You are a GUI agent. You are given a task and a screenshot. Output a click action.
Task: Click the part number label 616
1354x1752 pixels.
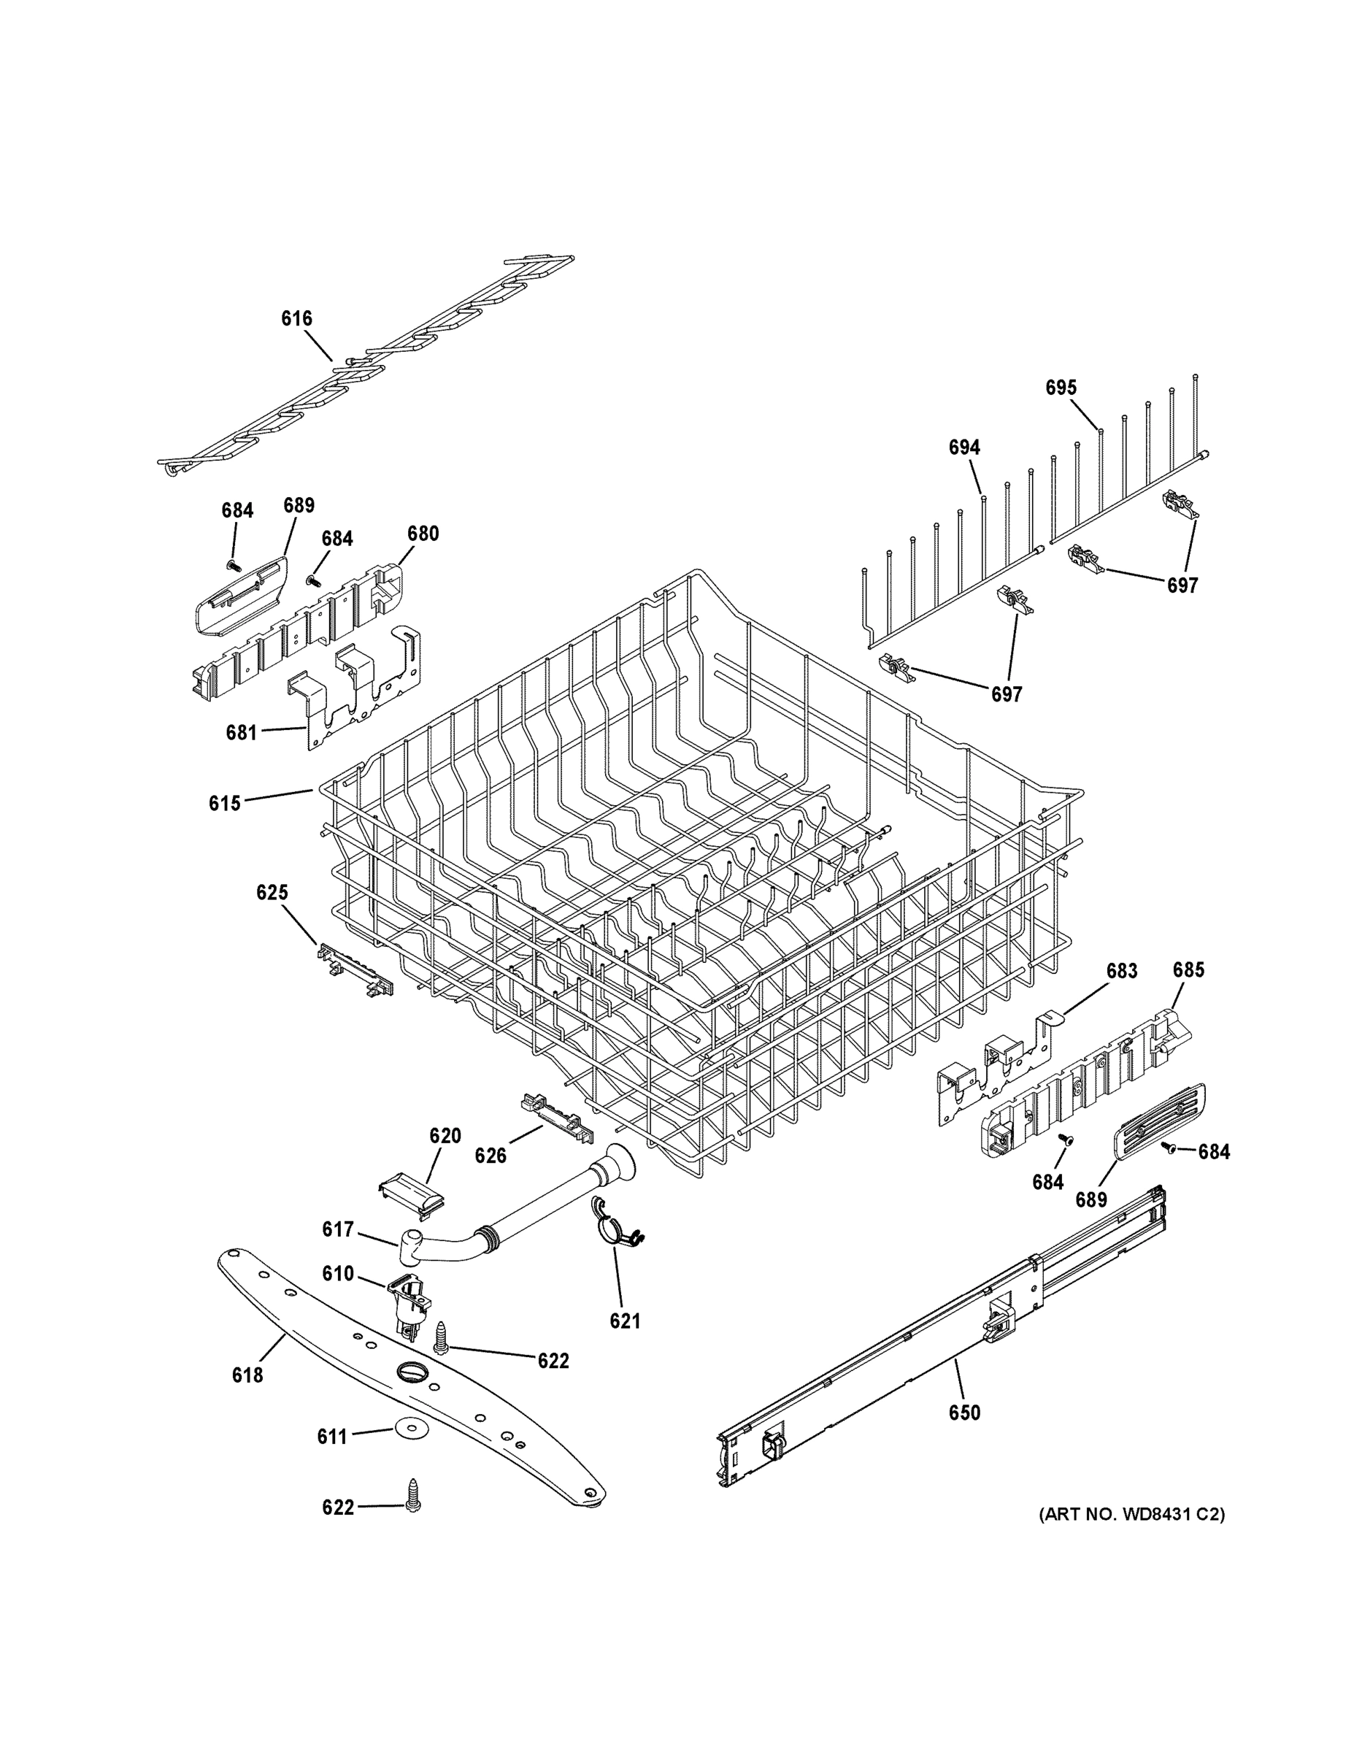(296, 318)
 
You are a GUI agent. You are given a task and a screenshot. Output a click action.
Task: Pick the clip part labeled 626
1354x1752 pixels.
(557, 1115)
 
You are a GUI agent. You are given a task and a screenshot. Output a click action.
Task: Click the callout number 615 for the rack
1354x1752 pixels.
(225, 803)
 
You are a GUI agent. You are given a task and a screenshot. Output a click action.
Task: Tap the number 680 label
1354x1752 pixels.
(423, 534)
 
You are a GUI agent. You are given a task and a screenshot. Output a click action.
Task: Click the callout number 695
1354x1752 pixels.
(1061, 388)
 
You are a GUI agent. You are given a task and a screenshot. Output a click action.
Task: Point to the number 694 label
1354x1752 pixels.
(964, 447)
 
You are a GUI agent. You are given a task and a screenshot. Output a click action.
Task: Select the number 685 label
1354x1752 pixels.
(1188, 970)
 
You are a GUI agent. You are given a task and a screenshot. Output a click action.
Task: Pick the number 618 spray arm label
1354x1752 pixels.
(247, 1375)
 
